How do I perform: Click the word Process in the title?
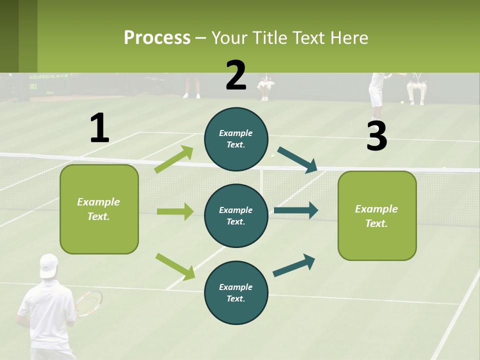click(x=157, y=37)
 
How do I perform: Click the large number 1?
click(x=99, y=128)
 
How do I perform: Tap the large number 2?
click(x=236, y=75)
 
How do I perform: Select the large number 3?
click(x=376, y=136)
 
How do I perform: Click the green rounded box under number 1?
click(x=99, y=209)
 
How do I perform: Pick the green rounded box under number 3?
click(x=377, y=215)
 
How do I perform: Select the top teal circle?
click(x=236, y=139)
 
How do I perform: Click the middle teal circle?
click(x=236, y=215)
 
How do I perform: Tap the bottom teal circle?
click(x=236, y=292)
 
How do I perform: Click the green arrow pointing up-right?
click(x=174, y=159)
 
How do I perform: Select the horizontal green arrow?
click(x=175, y=211)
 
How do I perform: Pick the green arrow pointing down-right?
click(x=175, y=266)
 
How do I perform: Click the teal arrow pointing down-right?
click(x=297, y=160)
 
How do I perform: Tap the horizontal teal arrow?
click(x=295, y=210)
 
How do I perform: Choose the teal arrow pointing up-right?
click(x=294, y=265)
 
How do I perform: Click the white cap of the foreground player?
click(x=48, y=264)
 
